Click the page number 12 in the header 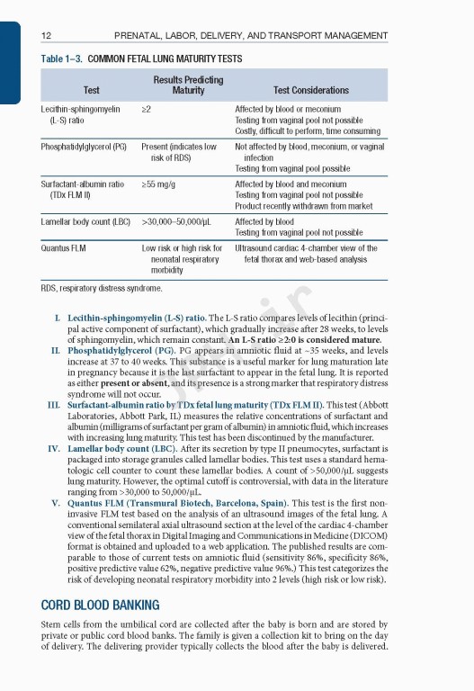pos(46,36)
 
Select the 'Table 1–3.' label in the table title pos(63,58)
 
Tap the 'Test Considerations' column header pos(310,90)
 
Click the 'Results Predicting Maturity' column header pos(188,85)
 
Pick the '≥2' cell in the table pos(147,108)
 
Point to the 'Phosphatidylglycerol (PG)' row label pos(84,146)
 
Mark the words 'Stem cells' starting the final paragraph pos(60,623)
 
